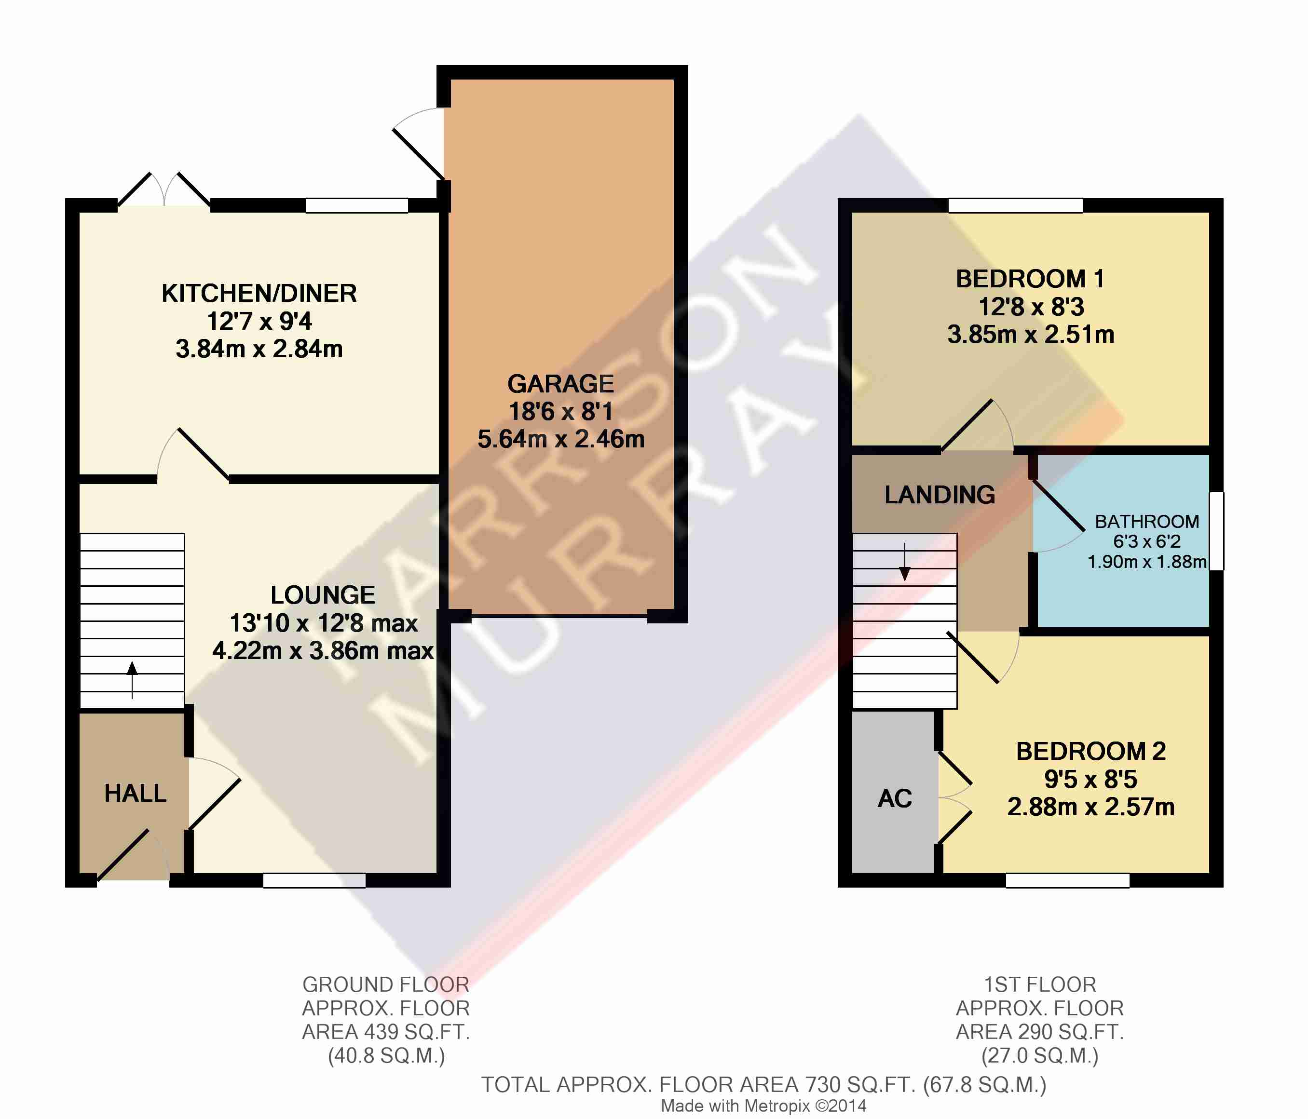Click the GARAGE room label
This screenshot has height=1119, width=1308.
(560, 384)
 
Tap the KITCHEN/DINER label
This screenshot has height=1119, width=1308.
(259, 294)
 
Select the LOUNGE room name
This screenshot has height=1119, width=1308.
(323, 595)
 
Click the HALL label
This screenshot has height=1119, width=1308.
(135, 794)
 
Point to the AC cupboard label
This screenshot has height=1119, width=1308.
(895, 798)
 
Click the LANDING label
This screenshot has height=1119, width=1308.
(940, 495)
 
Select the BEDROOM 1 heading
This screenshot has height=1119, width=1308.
(1030, 279)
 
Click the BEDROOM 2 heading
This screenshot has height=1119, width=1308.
(1091, 751)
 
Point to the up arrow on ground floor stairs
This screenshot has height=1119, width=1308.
(132, 680)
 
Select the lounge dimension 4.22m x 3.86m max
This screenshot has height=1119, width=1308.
(323, 650)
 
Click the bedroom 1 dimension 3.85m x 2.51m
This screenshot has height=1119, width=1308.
(1031, 334)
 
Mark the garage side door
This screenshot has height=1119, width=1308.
(419, 144)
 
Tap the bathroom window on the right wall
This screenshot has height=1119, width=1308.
(1216, 531)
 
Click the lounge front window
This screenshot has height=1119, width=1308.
(314, 880)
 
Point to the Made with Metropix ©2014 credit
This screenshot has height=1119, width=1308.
(764, 1106)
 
